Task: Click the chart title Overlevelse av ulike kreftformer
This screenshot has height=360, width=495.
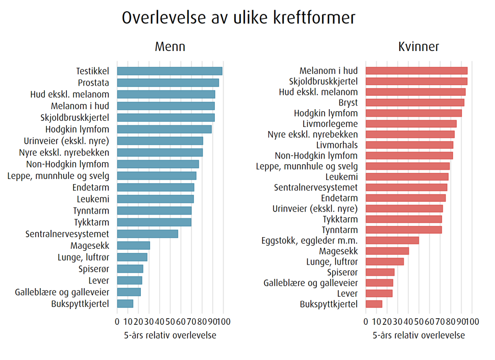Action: tap(239, 18)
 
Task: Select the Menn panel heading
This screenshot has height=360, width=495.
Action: tap(170, 47)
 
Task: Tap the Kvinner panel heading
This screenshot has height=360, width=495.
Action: tap(418, 47)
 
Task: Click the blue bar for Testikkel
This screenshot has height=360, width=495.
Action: tap(169, 71)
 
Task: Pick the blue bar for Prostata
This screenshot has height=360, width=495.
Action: tap(168, 83)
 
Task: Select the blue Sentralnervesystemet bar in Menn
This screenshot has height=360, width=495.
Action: tap(147, 234)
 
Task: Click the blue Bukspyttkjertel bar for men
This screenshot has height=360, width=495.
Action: tap(125, 304)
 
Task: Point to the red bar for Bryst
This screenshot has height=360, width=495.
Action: tap(415, 102)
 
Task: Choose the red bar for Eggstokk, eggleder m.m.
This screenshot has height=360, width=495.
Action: tap(392, 240)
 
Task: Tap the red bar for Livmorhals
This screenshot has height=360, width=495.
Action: tap(409, 145)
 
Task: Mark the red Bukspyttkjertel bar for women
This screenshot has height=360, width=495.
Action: tap(374, 304)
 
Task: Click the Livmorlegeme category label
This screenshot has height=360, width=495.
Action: tap(330, 124)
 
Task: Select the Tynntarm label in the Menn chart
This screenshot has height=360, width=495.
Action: tap(91, 211)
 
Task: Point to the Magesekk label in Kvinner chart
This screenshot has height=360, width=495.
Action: tap(338, 251)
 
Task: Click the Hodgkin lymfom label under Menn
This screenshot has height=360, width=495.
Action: tap(77, 129)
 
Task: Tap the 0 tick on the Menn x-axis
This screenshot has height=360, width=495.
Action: tap(117, 322)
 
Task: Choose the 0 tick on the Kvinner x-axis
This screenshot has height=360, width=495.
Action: tap(366, 322)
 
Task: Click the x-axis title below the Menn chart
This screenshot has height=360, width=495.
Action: tap(170, 336)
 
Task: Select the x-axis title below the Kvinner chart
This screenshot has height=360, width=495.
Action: tap(418, 336)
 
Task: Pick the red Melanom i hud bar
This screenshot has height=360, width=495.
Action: tap(416, 71)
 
